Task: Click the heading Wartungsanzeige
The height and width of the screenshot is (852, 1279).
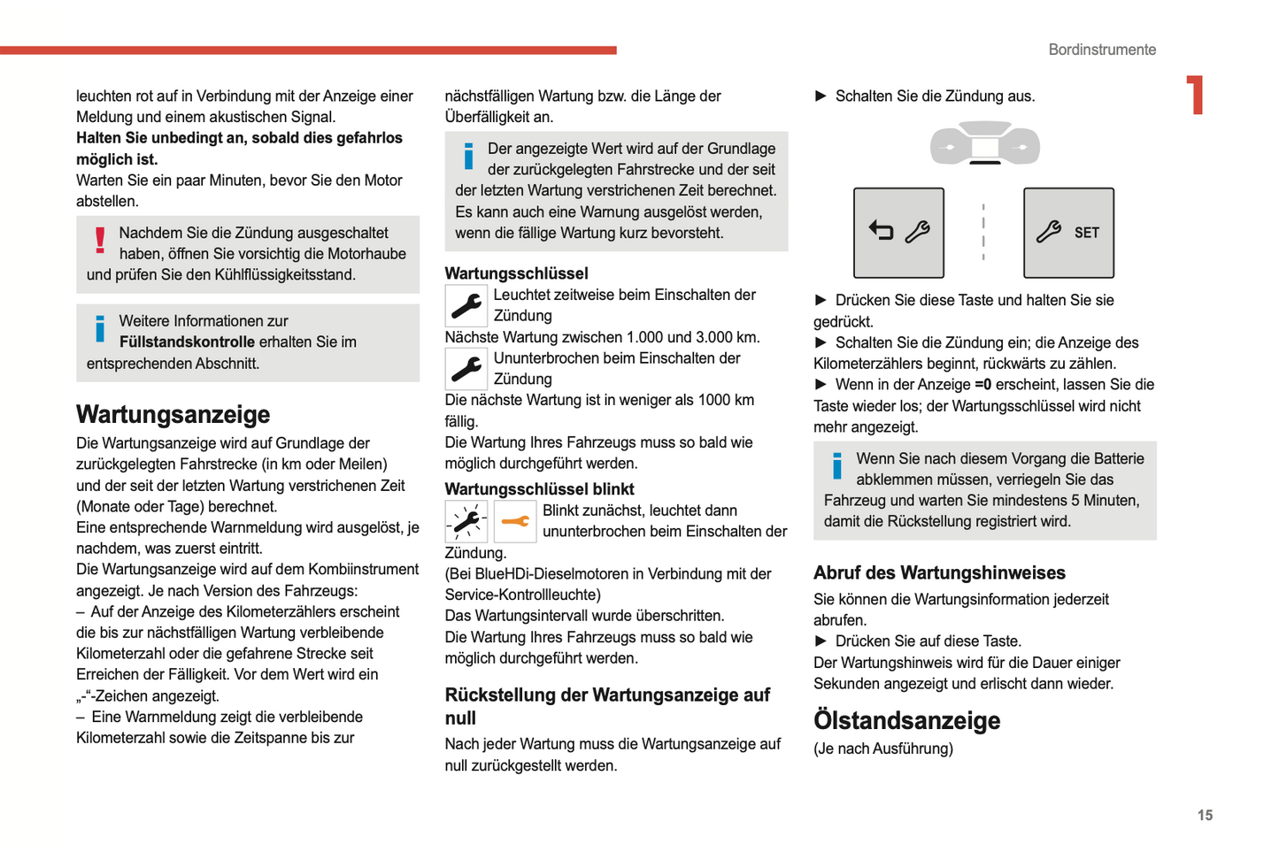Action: [x=173, y=415]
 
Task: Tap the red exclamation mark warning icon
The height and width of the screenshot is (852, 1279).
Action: [x=100, y=240]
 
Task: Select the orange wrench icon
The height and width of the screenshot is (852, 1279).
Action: [x=514, y=521]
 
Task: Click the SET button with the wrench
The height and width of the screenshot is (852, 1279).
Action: [x=1068, y=233]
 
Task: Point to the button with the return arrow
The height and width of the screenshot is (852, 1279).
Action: [x=898, y=233]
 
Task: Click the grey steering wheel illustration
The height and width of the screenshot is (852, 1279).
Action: [x=984, y=144]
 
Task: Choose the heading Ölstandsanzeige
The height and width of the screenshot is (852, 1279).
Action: [x=906, y=721]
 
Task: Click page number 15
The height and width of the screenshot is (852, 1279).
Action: [x=1205, y=816]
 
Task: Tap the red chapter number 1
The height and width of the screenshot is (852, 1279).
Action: [x=1196, y=95]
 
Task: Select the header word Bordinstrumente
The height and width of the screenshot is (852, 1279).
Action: [x=1102, y=50]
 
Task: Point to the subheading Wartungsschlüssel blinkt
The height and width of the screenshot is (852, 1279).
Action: [x=539, y=489]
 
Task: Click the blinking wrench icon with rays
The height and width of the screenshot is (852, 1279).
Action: [x=466, y=521]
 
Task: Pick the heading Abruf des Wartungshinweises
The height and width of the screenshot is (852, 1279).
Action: [x=939, y=573]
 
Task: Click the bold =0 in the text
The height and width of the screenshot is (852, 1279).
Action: [x=982, y=385]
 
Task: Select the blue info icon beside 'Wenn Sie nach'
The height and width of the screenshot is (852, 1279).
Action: [x=836, y=465]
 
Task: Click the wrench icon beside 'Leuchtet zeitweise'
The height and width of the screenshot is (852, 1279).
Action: [x=466, y=305]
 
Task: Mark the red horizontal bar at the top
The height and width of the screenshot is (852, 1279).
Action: [x=308, y=50]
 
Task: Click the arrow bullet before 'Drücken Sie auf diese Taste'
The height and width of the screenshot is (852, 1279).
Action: [x=821, y=641]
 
